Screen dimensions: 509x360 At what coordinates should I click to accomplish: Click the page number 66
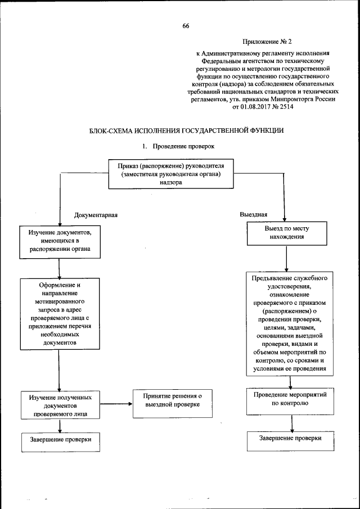click(186, 25)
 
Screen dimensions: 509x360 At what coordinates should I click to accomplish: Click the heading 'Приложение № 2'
click(268, 42)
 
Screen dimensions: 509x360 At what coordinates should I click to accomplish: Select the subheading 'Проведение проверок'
click(187, 146)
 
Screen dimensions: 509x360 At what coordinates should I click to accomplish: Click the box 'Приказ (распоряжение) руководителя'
click(171, 174)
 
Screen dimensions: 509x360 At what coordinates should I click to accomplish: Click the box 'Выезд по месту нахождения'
click(287, 233)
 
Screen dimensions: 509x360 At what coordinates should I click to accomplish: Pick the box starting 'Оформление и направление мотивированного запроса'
click(59, 314)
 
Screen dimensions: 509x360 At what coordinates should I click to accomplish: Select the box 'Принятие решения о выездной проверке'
click(172, 401)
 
